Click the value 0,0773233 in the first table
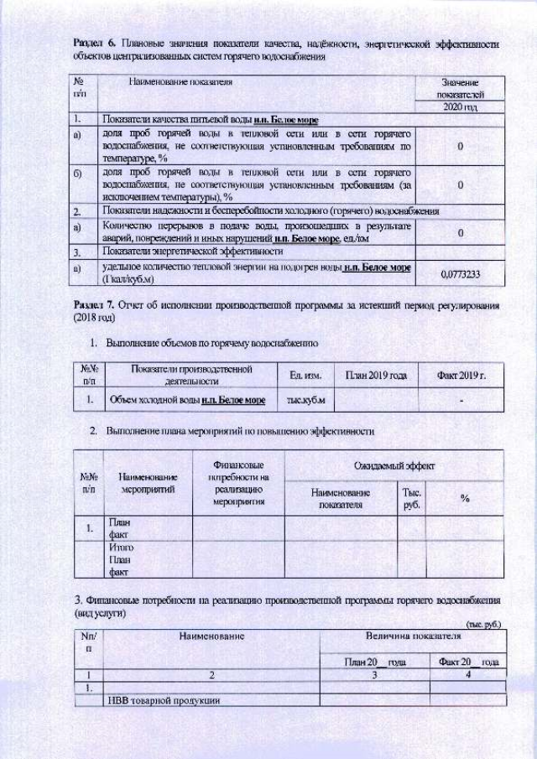pyautogui.click(x=461, y=273)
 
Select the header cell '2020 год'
pyautogui.click(x=460, y=108)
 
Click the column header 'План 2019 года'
pyautogui.click(x=370, y=375)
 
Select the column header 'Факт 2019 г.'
pyautogui.click(x=461, y=375)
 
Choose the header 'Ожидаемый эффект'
pyautogui.click(x=394, y=464)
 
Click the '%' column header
pyautogui.click(x=464, y=499)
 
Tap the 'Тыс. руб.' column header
pyautogui.click(x=411, y=499)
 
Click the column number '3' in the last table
pyautogui.click(x=374, y=673)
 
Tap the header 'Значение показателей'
pyautogui.click(x=460, y=89)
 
